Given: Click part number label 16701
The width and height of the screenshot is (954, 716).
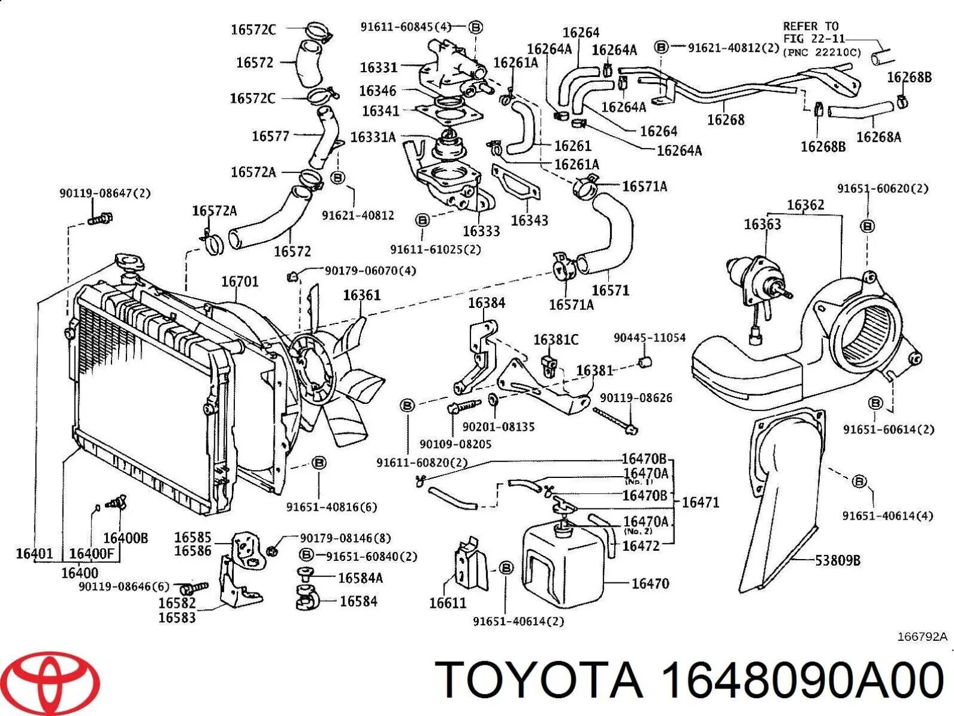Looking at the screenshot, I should [x=240, y=281].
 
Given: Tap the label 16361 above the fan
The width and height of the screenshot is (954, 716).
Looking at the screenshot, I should [x=361, y=295].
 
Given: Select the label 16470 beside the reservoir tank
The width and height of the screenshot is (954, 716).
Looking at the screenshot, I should [x=650, y=584].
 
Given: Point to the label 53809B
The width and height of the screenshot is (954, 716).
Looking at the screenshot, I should [x=837, y=560].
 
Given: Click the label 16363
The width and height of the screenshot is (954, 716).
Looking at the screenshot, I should [x=762, y=224].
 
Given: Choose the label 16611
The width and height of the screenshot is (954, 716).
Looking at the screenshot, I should [x=448, y=603].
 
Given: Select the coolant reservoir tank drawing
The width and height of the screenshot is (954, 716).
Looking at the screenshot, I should [x=563, y=564].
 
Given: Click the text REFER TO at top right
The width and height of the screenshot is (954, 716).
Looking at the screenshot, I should [x=810, y=26].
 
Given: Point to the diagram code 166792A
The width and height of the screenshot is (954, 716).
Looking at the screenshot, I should [x=922, y=637].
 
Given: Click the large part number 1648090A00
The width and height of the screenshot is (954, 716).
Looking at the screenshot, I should [x=801, y=681].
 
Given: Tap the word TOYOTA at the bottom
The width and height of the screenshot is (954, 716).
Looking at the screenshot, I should [x=539, y=681].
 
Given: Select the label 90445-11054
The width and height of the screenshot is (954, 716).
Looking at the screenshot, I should [x=649, y=338].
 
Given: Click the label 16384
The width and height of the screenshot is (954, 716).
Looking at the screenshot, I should [x=486, y=303].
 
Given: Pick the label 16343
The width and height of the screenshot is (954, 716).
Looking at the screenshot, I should [x=529, y=220].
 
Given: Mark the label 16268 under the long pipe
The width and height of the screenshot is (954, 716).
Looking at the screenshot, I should [x=726, y=120].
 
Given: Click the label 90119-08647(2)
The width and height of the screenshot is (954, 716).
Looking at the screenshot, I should [x=105, y=193].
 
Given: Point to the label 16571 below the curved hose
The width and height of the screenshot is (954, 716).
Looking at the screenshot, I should [x=610, y=291].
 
